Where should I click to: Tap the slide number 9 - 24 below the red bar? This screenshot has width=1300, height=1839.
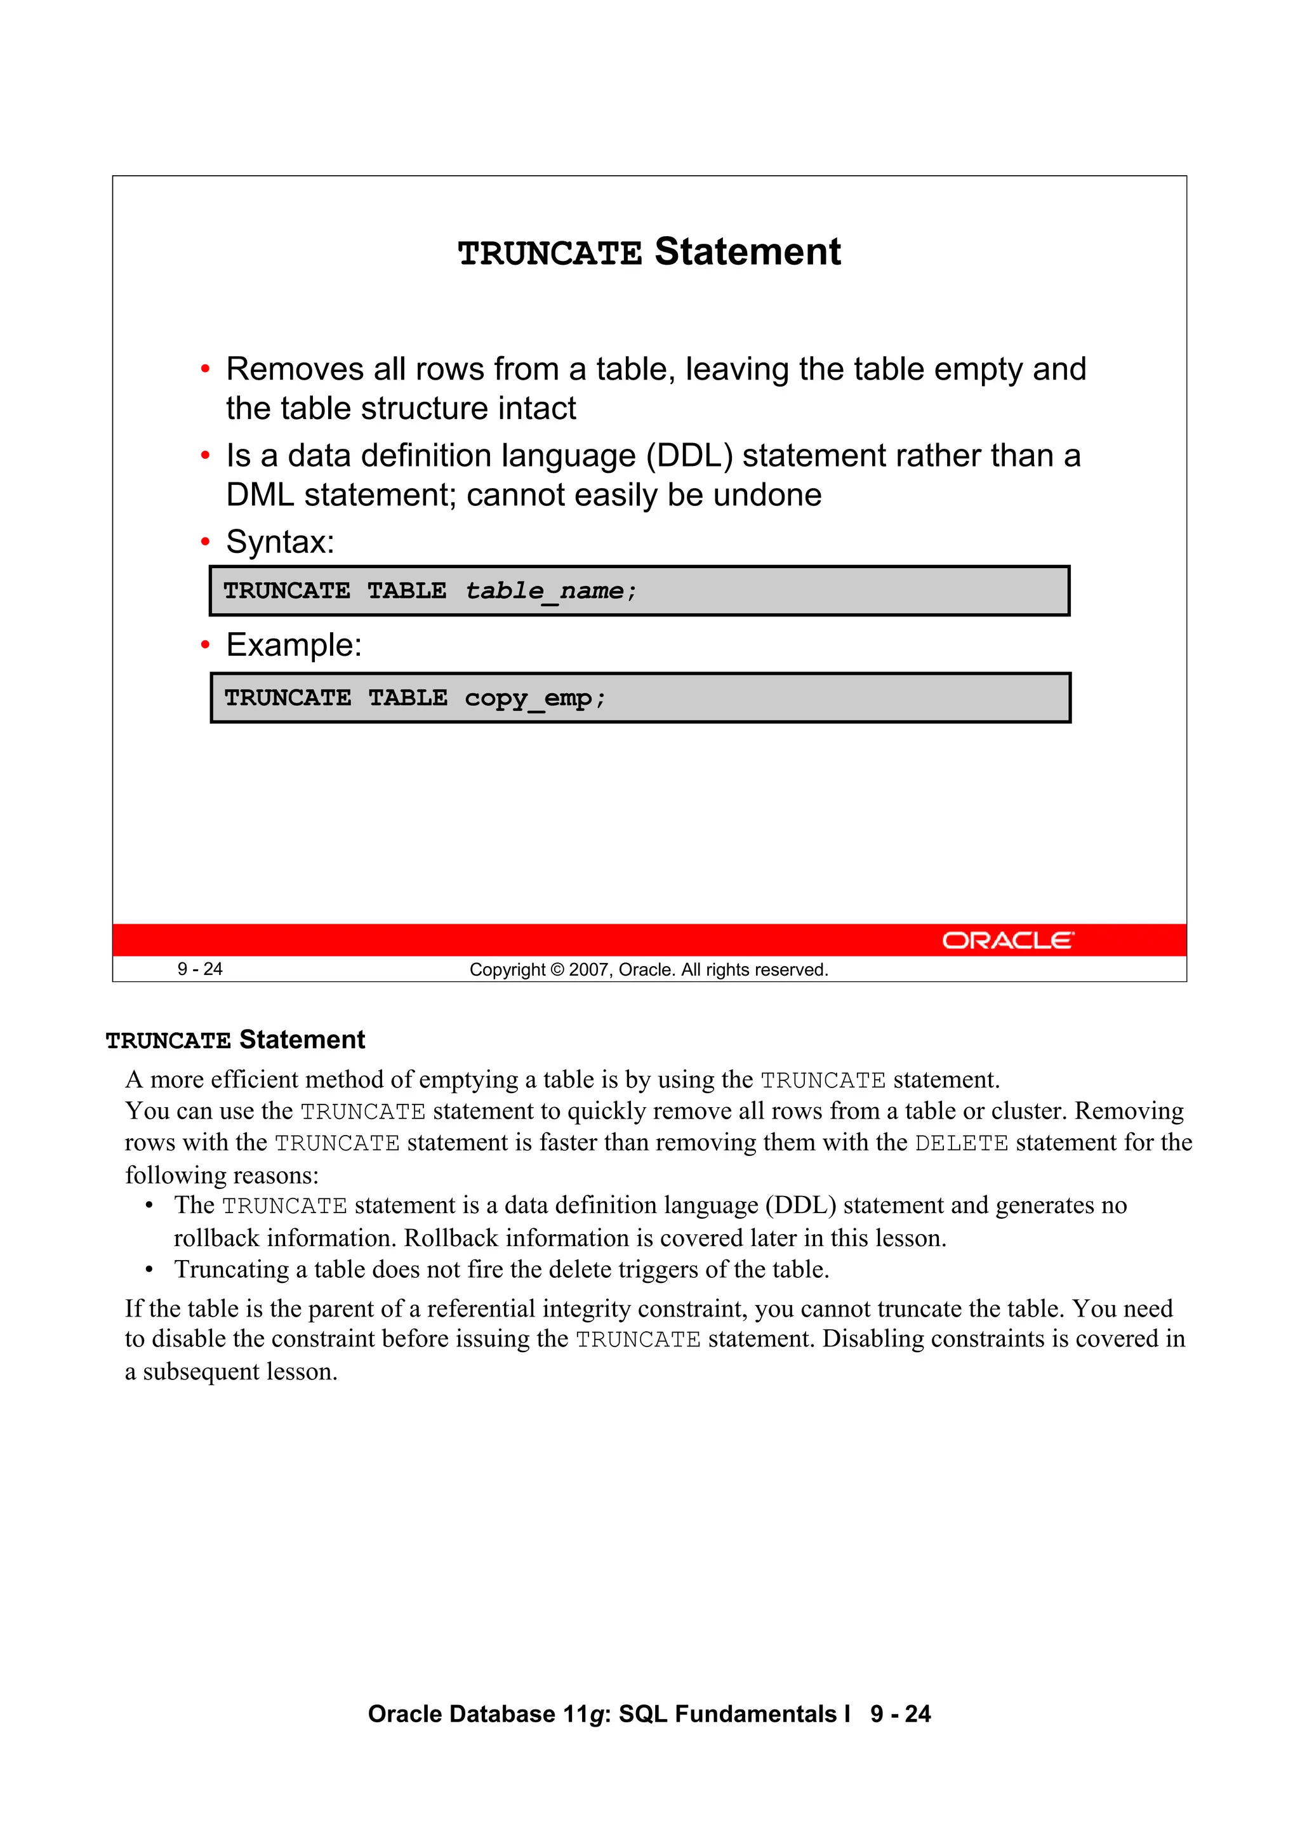199,969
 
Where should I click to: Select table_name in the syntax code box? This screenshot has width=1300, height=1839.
545,591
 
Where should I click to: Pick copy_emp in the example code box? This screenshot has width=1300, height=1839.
529,698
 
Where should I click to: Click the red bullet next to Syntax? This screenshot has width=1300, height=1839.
205,543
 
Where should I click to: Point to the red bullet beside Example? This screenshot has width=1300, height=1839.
205,646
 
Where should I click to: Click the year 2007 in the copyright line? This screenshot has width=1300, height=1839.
590,970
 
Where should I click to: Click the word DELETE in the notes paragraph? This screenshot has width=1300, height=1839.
961,1143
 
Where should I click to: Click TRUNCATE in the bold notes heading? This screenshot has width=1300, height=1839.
168,1040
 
